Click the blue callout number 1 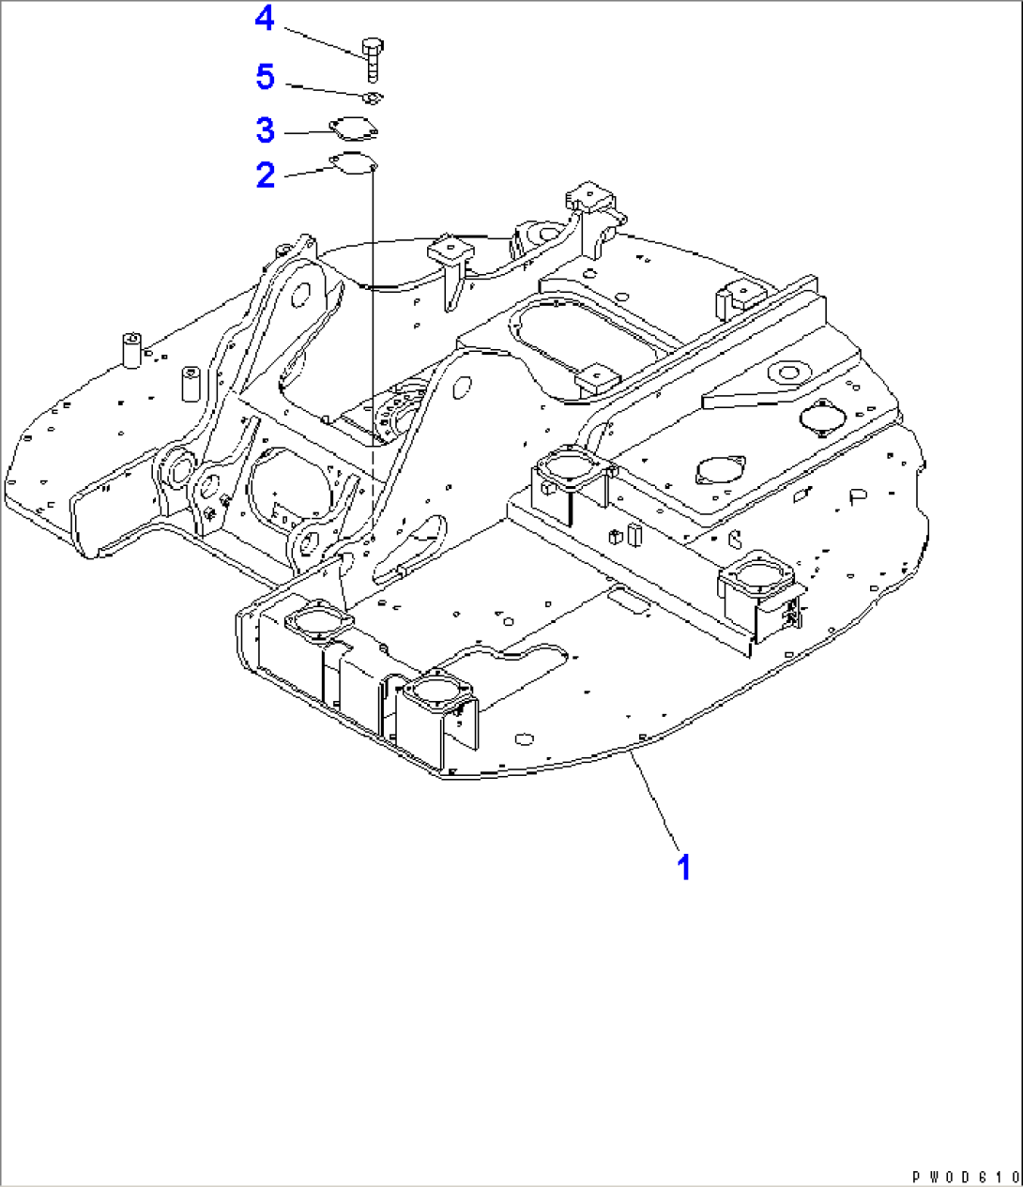(684, 867)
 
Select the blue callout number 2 (266, 175)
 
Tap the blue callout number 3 (266, 130)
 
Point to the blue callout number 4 (266, 18)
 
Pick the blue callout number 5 (266, 77)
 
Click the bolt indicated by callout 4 (372, 56)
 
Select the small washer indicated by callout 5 (372, 98)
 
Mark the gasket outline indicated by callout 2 (353, 163)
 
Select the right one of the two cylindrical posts (191, 383)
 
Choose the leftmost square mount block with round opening (318, 623)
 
